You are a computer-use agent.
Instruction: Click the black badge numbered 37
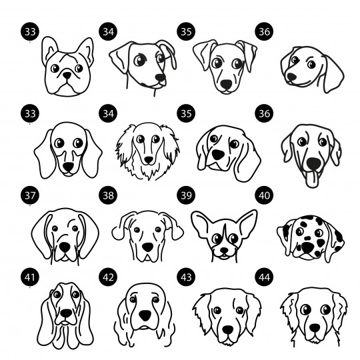click(30, 195)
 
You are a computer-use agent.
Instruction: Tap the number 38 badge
click(108, 195)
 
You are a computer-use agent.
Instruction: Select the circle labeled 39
click(186, 195)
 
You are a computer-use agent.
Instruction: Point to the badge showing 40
click(264, 195)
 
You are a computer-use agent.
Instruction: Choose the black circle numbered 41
click(30, 277)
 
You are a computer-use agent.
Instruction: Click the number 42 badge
click(108, 277)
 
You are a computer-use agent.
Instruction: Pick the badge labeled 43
click(186, 277)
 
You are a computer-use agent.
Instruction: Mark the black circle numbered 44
click(264, 277)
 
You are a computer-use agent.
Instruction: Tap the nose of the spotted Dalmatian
click(307, 247)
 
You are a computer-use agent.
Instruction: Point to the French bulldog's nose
click(67, 75)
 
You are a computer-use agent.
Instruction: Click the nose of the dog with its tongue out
click(313, 163)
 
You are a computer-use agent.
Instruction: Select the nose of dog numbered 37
click(65, 247)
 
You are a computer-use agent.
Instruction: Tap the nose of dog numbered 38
click(147, 247)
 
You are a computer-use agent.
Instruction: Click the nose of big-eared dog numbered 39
click(224, 250)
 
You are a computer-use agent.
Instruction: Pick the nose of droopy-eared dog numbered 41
click(66, 313)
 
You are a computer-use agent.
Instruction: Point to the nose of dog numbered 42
click(145, 315)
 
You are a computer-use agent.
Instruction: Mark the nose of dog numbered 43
click(228, 330)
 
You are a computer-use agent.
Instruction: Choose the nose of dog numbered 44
click(315, 328)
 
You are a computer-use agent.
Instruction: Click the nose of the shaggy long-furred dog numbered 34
click(149, 160)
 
